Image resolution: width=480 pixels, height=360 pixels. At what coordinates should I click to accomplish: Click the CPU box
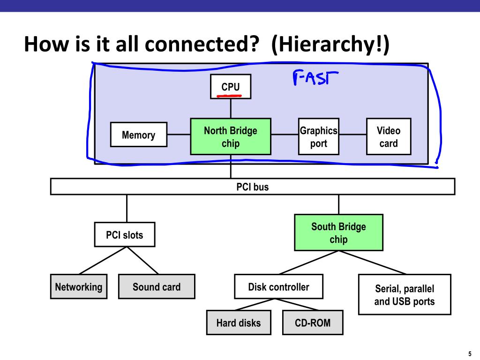click(231, 86)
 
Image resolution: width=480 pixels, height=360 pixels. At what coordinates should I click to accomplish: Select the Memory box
click(139, 135)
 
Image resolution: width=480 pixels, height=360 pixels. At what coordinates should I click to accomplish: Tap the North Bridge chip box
click(231, 136)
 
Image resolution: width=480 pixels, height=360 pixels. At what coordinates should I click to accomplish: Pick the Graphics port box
click(319, 136)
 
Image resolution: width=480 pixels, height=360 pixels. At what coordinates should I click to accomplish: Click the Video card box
click(389, 136)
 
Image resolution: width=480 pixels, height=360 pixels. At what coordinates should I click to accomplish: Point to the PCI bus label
click(253, 187)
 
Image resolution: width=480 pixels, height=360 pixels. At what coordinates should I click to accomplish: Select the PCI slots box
click(125, 234)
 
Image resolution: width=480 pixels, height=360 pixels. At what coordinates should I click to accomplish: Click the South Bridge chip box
click(338, 232)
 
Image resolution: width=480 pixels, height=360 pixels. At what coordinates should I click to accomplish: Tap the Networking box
click(79, 286)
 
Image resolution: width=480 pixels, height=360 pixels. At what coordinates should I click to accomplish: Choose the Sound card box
click(157, 286)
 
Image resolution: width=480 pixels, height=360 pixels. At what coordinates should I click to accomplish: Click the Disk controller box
click(278, 286)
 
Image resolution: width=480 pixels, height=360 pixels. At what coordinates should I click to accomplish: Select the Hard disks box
click(239, 322)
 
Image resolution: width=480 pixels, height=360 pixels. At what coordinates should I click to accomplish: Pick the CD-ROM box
click(313, 322)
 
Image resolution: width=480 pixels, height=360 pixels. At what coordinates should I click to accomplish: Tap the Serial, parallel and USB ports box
click(405, 294)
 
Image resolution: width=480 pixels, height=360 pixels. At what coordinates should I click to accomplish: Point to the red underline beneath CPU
click(229, 96)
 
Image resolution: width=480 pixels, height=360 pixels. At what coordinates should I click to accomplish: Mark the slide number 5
click(470, 354)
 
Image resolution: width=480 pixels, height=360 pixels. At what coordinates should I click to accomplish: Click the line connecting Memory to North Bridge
click(179, 135)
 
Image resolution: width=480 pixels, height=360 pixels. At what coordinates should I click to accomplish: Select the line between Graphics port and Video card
click(352, 135)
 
